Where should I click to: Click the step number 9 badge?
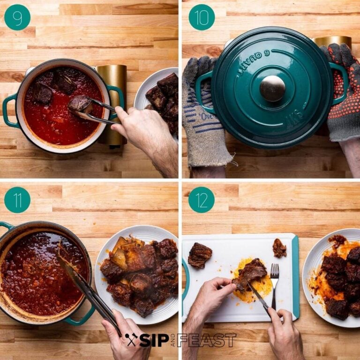tap(17, 17)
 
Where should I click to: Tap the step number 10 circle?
tap(202, 17)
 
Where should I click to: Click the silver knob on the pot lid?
tap(272, 88)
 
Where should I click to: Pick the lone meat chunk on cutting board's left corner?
tap(200, 255)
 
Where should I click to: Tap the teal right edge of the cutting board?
tap(295, 277)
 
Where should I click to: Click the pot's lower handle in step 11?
tap(82, 319)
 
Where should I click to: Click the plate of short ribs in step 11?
tap(138, 274)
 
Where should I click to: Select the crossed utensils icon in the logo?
tap(132, 340)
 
